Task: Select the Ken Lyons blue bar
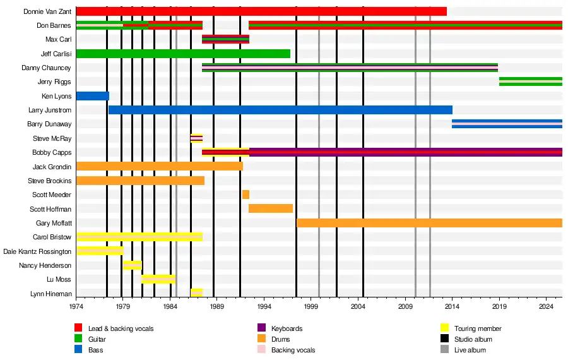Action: (92, 96)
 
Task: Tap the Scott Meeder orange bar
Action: (246, 195)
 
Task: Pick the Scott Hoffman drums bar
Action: (271, 208)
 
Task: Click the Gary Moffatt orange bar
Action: (429, 223)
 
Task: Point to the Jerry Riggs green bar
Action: (530, 81)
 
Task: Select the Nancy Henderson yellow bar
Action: (133, 265)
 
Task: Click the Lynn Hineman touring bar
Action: (196, 293)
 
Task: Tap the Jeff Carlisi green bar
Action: (183, 54)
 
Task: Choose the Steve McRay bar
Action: (196, 138)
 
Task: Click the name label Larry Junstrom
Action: (50, 111)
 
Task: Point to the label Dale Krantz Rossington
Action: (37, 251)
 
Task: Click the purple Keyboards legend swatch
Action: (262, 328)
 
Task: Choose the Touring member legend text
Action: (478, 328)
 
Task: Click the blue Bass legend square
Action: (79, 350)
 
